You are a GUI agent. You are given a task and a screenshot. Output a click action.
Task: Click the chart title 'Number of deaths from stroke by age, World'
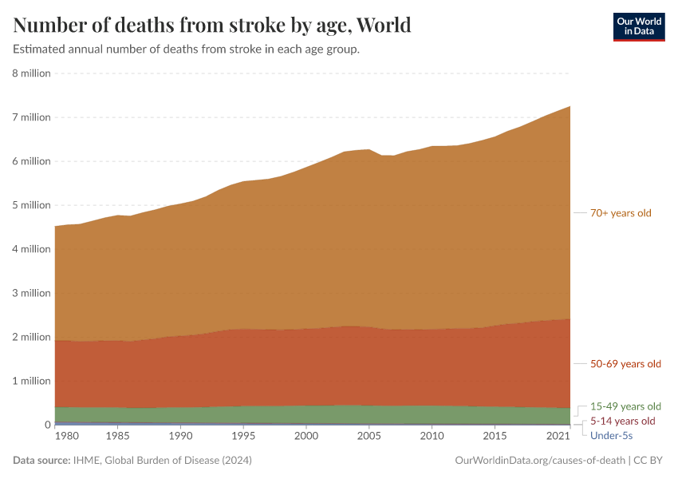pyautogui.click(x=212, y=26)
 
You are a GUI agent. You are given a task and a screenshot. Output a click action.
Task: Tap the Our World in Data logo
pyautogui.click(x=638, y=26)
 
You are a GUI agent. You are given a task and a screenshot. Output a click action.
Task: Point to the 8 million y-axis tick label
pyautogui.click(x=32, y=73)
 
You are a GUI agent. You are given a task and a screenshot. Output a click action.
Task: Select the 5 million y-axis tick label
pyautogui.click(x=32, y=205)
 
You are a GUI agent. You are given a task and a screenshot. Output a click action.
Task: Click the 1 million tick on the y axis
pyautogui.click(x=32, y=381)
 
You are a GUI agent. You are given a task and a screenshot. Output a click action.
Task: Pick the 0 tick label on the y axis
pyautogui.click(x=47, y=425)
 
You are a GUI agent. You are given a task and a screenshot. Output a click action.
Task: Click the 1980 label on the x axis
pyautogui.click(x=67, y=437)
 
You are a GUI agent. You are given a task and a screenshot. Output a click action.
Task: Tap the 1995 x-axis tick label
pyautogui.click(x=243, y=437)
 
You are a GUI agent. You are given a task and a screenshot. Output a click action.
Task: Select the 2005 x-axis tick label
pyautogui.click(x=369, y=437)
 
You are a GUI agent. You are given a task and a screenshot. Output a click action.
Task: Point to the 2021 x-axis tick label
pyautogui.click(x=557, y=437)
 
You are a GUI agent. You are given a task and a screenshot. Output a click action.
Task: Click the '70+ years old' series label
pyautogui.click(x=621, y=213)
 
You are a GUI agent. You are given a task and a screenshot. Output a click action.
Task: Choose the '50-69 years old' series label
pyautogui.click(x=625, y=364)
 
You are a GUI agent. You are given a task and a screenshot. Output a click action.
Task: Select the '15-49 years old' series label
pyautogui.click(x=625, y=406)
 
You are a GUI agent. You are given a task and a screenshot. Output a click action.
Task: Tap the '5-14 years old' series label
pyautogui.click(x=622, y=421)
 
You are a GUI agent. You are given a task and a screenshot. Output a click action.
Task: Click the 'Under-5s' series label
pyautogui.click(x=611, y=435)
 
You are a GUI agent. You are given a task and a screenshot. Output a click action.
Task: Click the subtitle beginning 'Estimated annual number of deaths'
pyautogui.click(x=186, y=49)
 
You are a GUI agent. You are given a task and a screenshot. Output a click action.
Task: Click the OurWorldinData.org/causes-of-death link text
pyautogui.click(x=539, y=461)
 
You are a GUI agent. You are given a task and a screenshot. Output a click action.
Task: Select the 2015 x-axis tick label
pyautogui.click(x=495, y=437)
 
